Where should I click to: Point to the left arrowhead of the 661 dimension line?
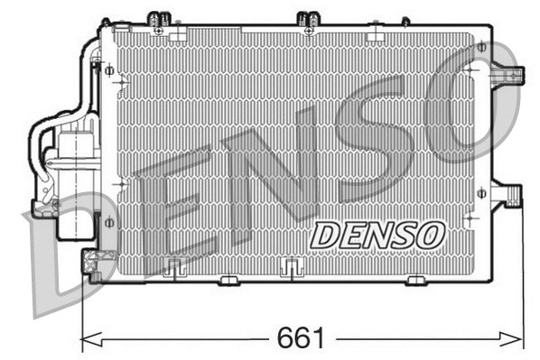[86, 339]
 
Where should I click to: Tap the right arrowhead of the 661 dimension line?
[518, 339]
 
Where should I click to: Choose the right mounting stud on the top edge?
[308, 18]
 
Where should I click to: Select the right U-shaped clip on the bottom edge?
[291, 265]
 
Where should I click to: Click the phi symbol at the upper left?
[109, 69]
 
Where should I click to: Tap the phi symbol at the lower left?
[109, 222]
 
